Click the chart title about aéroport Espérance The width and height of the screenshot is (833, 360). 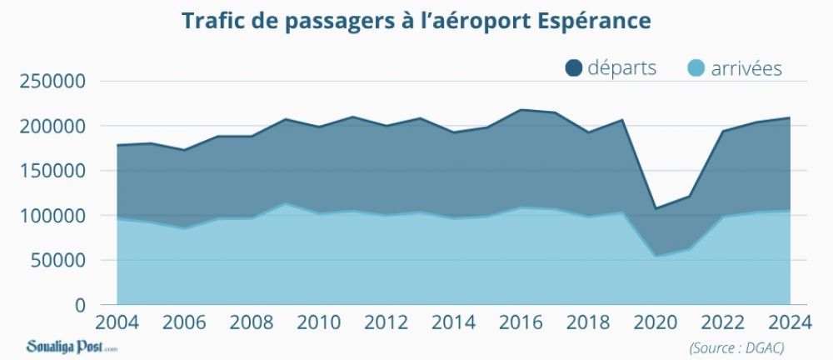pos(416,21)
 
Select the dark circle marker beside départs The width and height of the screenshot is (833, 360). pos(574,68)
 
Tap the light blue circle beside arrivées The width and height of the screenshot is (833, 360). pos(697,68)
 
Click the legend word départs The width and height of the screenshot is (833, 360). pos(621,68)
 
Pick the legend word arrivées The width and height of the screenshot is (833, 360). pos(746,68)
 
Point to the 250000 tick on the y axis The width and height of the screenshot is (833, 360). pos(52,82)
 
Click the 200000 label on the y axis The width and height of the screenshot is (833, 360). pos(52,127)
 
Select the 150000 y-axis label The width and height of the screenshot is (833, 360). pos(52,171)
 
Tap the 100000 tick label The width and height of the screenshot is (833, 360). pos(52,216)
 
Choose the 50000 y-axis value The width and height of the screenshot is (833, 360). pos(57,260)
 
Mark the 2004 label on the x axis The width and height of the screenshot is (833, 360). pos(117,322)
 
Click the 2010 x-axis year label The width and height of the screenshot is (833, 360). pos(318,322)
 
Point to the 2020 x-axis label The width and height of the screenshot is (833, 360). pos(655,322)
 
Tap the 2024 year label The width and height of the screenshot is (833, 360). pos(789,322)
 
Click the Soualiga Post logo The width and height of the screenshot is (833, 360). pos(72,345)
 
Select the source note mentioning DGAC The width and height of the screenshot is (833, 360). pos(736,346)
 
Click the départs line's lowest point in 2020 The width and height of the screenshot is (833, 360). pos(655,208)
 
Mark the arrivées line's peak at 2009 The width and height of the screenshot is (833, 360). pos(285,203)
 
